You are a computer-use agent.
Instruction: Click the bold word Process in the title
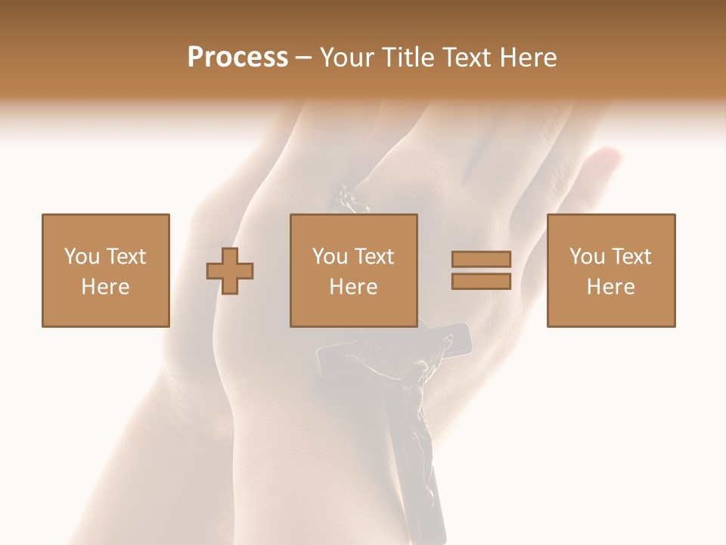(x=237, y=58)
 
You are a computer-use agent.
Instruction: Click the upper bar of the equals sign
(x=481, y=259)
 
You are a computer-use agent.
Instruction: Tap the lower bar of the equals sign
(x=481, y=282)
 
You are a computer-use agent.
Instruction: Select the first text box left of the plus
(x=105, y=270)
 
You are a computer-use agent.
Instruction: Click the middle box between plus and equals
(x=353, y=270)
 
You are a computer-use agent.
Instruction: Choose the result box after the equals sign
(x=611, y=270)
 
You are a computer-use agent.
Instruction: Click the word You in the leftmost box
(x=80, y=257)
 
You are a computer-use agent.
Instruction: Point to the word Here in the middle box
(x=353, y=287)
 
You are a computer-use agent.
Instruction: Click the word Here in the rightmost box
(x=611, y=287)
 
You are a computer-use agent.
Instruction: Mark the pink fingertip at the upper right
(x=605, y=160)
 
